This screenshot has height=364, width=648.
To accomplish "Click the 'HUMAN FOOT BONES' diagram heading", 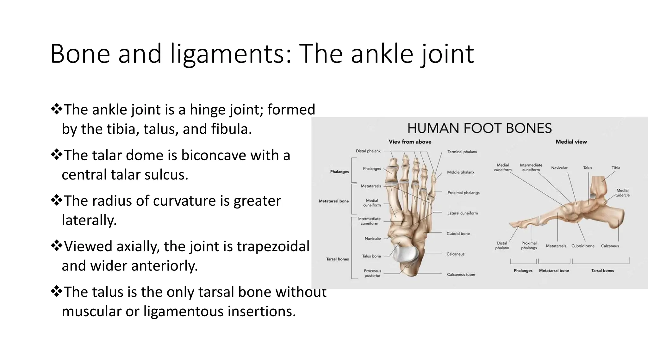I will [479, 128].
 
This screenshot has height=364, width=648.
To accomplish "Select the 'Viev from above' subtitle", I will [410, 142].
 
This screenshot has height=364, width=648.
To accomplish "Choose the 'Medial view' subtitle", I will [571, 142].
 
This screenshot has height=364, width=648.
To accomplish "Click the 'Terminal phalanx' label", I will [462, 152].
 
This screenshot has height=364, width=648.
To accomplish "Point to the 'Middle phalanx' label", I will [460, 172].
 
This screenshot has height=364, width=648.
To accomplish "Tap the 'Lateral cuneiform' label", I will [462, 213].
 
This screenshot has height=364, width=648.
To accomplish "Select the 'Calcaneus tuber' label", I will [461, 275].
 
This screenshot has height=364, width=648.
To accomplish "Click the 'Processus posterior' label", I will [372, 273].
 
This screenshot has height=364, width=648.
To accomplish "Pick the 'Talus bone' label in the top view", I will [371, 256].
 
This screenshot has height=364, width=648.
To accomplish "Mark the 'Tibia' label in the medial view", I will [616, 168].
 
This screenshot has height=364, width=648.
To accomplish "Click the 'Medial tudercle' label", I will [622, 193].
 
